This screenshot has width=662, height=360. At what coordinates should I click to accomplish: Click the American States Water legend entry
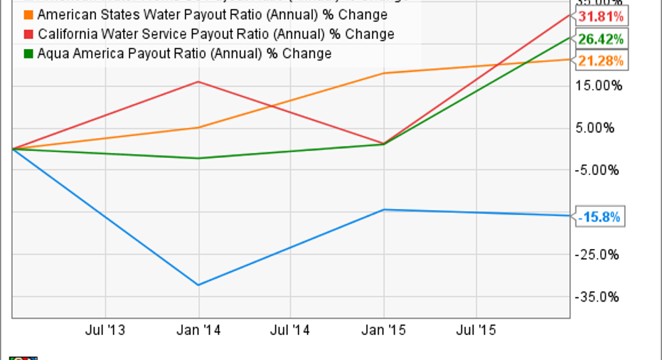[212, 15]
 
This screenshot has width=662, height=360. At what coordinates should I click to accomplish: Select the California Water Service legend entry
[215, 34]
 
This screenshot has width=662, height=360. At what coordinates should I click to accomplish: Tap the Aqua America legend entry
[183, 53]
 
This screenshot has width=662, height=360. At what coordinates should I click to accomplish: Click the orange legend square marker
[28, 15]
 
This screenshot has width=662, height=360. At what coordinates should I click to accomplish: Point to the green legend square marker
[28, 53]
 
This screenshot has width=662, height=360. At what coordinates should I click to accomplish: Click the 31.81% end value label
[601, 16]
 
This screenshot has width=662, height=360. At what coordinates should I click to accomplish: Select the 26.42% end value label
[601, 38]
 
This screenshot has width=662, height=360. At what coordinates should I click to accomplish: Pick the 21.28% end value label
[601, 61]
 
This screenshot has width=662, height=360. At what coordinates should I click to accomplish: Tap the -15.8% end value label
[601, 216]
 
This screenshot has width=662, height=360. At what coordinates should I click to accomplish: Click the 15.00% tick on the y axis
[602, 85]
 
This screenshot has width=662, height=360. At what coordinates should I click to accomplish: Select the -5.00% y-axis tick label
[602, 170]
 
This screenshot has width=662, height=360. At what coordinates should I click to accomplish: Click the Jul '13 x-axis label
[105, 330]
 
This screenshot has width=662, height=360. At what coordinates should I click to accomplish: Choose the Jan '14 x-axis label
[198, 330]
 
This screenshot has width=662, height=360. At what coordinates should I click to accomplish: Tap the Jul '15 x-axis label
[475, 330]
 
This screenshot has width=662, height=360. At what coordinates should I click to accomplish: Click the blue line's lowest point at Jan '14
[198, 285]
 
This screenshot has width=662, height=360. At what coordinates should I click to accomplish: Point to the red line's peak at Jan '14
[198, 82]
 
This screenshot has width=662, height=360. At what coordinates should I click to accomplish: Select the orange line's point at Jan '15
[384, 73]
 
